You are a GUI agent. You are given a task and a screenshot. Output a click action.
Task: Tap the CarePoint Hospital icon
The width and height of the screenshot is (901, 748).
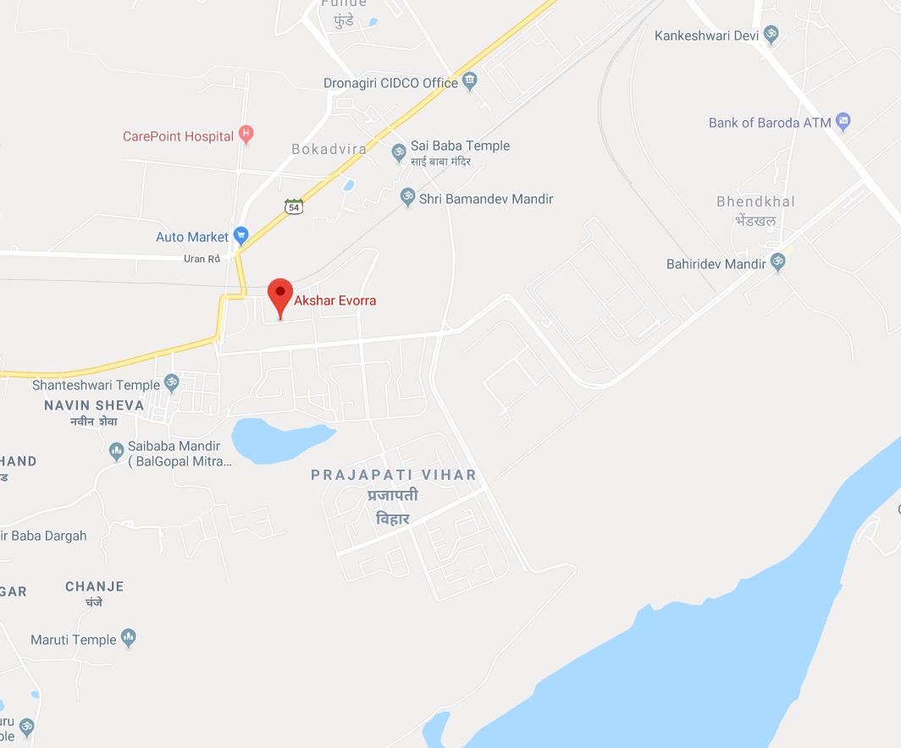(246, 134)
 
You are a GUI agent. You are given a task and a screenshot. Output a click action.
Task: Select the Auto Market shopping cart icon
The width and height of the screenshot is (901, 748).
(240, 235)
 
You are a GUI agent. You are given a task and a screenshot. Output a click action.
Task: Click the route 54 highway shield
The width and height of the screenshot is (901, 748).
(294, 206)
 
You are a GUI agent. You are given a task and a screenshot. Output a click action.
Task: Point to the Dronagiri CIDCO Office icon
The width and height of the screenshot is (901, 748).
(471, 82)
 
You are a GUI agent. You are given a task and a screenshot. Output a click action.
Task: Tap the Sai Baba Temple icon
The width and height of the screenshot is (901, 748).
(399, 152)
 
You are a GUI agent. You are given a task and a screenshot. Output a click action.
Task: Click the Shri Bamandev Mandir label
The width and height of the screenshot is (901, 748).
(487, 199)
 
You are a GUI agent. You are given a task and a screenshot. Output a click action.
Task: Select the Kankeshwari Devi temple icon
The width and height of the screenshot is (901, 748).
(771, 35)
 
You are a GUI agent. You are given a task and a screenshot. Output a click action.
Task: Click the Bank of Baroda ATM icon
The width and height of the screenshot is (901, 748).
(843, 122)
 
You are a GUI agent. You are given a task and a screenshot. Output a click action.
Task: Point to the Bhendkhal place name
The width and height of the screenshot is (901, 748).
(755, 202)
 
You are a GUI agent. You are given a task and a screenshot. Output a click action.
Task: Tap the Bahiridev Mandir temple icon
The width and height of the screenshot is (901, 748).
(778, 263)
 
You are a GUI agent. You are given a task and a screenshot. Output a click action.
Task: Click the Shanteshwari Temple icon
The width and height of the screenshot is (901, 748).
(171, 384)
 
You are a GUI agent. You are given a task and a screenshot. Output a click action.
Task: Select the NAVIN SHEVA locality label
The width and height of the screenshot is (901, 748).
(94, 405)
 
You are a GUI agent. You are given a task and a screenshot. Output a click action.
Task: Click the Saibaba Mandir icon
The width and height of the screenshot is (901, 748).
(117, 452)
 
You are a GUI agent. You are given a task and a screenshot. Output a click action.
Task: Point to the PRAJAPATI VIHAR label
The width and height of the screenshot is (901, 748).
(394, 476)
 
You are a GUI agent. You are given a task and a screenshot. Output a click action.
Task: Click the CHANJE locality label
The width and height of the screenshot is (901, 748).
(95, 586)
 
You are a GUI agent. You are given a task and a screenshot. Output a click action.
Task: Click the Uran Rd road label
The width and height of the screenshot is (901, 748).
(202, 259)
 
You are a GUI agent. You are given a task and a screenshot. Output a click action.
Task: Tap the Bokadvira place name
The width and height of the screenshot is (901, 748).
(329, 149)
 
